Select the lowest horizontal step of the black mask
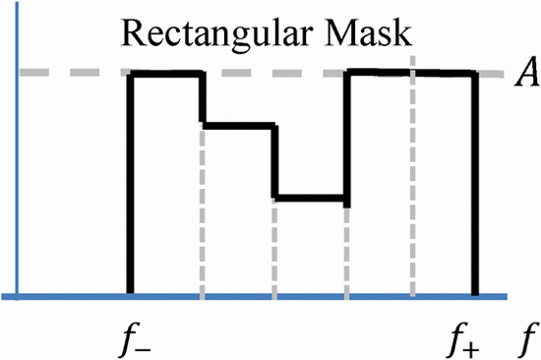310,199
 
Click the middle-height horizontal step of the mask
237,125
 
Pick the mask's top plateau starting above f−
166,73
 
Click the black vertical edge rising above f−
130,187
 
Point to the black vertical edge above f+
476,187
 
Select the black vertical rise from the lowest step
346,138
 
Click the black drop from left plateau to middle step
202,98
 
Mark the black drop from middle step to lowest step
274,162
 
